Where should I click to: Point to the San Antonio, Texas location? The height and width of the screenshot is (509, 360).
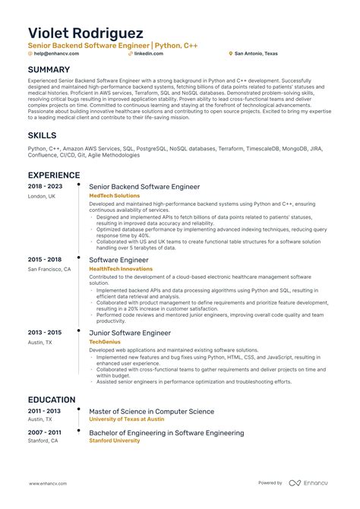pos(257,54)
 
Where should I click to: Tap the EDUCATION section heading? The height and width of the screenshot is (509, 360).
pos(52,400)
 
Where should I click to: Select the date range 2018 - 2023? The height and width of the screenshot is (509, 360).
pos(46,186)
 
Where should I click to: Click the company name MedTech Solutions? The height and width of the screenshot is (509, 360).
pos(114,196)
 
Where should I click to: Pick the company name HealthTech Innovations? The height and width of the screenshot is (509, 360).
pos(120,269)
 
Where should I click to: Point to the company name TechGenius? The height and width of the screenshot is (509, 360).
pos(107,342)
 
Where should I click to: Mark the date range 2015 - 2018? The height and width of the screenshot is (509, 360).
pos(46,260)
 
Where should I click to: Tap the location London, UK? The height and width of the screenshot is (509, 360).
pos(43,196)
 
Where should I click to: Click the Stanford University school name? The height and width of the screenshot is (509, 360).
pos(114,441)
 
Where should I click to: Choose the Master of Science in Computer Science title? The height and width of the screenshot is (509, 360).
pos(152,412)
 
